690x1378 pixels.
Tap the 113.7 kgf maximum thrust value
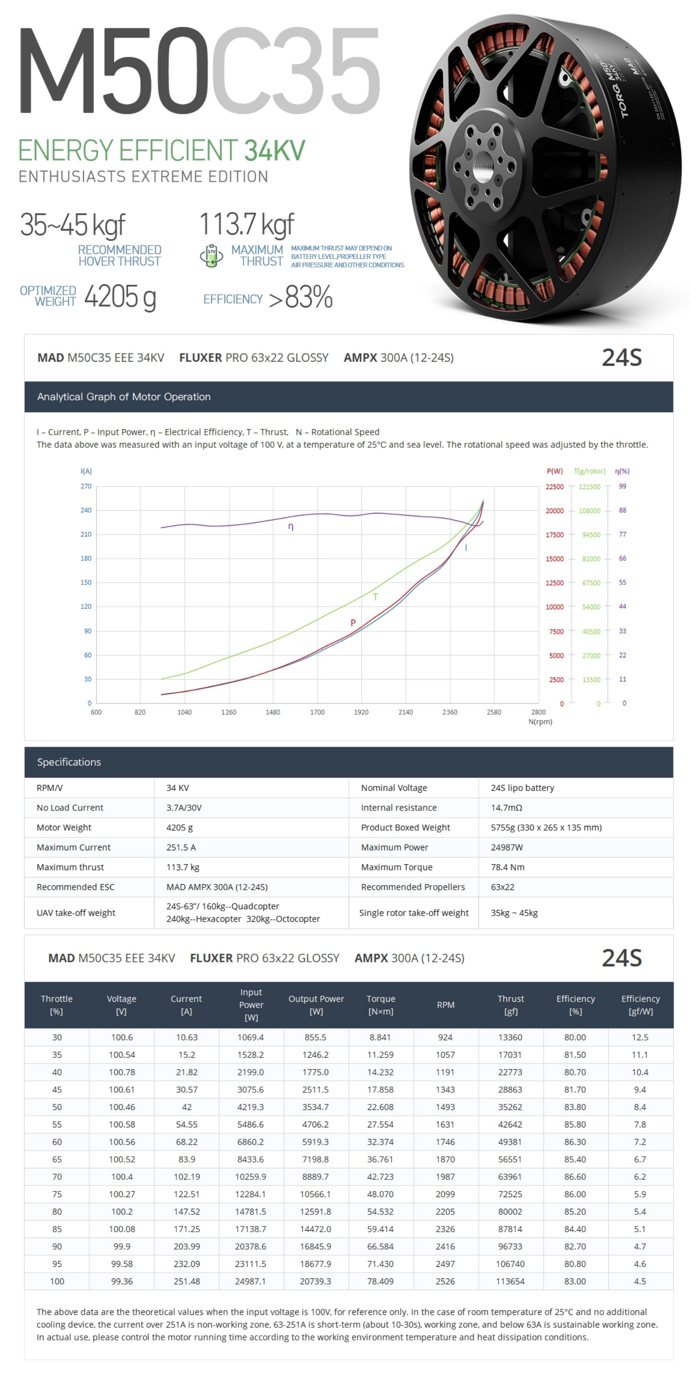click(246, 224)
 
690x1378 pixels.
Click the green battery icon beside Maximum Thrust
click(211, 256)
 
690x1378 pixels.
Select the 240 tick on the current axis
click(86, 510)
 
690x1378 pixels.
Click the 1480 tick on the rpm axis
click(273, 712)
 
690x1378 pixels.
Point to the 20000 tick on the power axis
click(554, 511)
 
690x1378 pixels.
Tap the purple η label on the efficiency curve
click(290, 526)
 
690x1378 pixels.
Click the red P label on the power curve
click(352, 623)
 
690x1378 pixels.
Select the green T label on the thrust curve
click(375, 597)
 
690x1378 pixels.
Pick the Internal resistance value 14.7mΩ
click(506, 808)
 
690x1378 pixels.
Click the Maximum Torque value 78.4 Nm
click(507, 867)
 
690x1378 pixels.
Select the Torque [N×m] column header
click(380, 1005)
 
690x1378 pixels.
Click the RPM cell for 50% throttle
click(445, 1107)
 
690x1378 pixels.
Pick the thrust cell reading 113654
click(510, 1281)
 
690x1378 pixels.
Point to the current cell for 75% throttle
click(187, 1194)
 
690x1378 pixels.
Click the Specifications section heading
click(69, 762)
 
